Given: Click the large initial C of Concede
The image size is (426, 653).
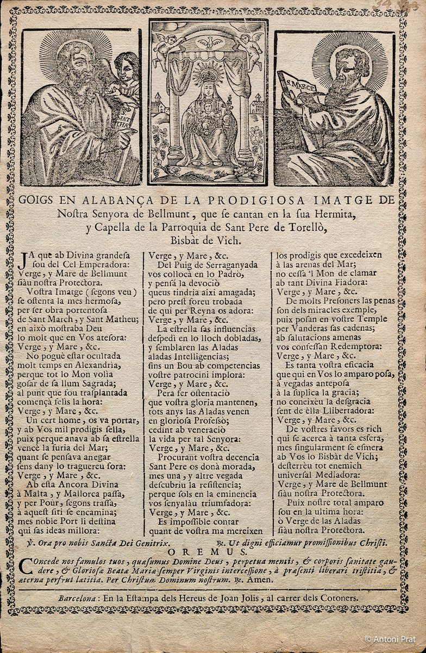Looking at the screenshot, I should pos(24,566).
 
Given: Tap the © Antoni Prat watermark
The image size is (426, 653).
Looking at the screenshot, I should pos(390,639).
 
